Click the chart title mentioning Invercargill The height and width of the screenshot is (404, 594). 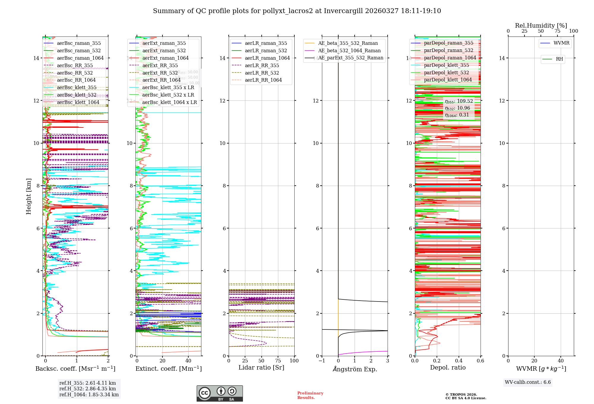pyautogui.click(x=297, y=11)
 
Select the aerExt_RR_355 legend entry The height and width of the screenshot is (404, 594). pyautogui.click(x=160, y=65)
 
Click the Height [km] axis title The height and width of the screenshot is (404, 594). pyautogui.click(x=29, y=196)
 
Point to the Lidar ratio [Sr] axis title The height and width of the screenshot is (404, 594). pyautogui.click(x=261, y=367)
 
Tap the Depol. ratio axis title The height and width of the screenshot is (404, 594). pyautogui.click(x=448, y=367)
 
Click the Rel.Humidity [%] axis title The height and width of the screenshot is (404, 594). pyautogui.click(x=541, y=26)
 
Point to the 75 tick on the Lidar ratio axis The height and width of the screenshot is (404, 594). pyautogui.click(x=278, y=361)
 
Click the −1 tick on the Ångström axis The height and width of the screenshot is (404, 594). pyautogui.click(x=322, y=361)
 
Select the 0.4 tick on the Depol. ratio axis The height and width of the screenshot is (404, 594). pyautogui.click(x=459, y=361)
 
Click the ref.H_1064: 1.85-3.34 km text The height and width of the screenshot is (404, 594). pyautogui.click(x=89, y=394)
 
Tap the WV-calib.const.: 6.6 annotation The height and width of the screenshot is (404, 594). pyautogui.click(x=528, y=382)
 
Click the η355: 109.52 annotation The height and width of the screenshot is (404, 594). pyautogui.click(x=459, y=101)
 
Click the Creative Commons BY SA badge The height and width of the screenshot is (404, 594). pyautogui.click(x=219, y=394)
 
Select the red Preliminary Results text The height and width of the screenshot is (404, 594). pyautogui.click(x=310, y=395)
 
